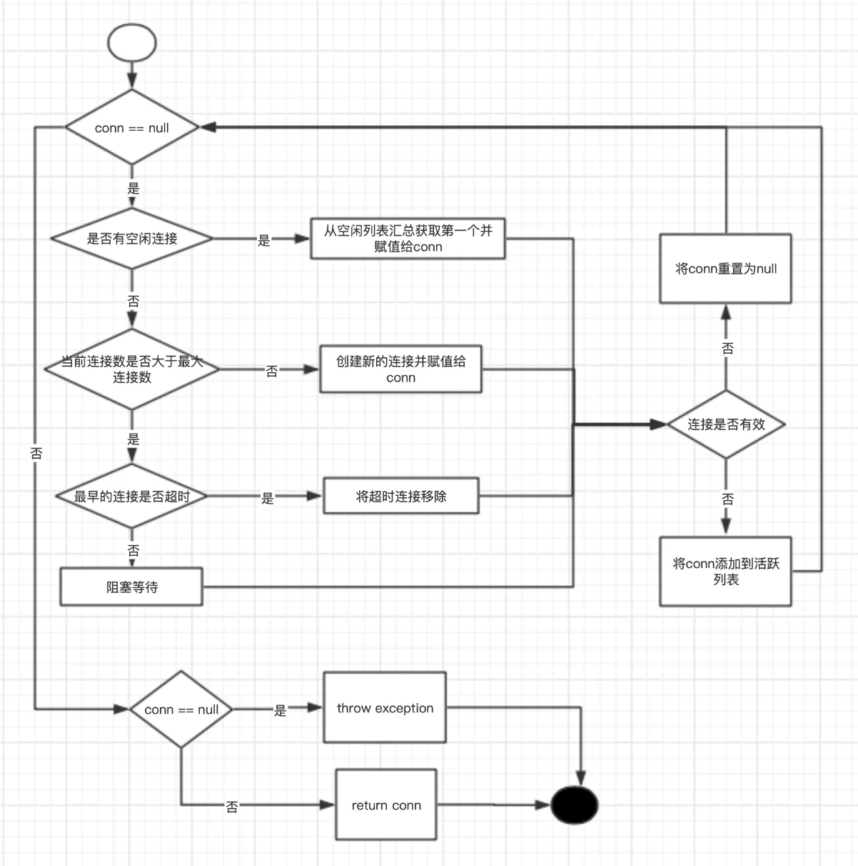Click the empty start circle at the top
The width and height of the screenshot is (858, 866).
point(132,42)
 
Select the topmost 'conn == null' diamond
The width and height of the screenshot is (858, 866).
point(132,128)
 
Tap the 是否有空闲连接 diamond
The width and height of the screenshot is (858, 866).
point(132,239)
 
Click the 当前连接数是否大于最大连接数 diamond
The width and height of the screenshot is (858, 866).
point(132,369)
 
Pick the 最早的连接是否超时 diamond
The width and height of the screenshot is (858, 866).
point(132,496)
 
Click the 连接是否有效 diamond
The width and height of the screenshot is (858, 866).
point(726,424)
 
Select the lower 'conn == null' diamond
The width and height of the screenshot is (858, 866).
point(181,710)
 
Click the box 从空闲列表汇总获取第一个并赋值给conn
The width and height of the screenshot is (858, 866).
point(408,239)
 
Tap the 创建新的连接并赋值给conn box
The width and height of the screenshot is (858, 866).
point(400,369)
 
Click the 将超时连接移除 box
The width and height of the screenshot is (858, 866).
point(400,496)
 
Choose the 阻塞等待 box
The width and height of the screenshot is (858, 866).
point(131,587)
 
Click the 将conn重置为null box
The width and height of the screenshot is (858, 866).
point(725,269)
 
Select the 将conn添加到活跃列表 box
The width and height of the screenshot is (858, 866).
point(725,572)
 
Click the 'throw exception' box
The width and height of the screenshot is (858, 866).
point(385,708)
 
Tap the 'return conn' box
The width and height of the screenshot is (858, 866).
point(386,805)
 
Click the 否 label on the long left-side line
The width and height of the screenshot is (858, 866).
point(36,453)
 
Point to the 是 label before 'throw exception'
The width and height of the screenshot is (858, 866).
point(281,710)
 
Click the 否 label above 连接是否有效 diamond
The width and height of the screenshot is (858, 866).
point(727,348)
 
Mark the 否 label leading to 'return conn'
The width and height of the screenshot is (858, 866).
point(232,807)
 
